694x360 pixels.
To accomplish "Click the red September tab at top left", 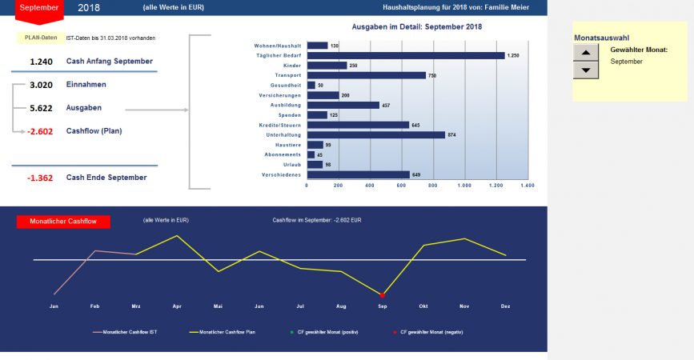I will (38, 8).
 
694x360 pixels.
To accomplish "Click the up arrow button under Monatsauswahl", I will (587, 52).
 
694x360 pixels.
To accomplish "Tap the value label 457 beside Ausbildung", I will (387, 105).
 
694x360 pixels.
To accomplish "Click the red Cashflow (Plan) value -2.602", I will (41, 131).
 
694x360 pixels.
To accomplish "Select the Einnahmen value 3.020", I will (41, 84).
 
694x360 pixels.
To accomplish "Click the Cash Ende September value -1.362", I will (40, 178).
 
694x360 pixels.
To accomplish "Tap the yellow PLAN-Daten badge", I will (40, 38).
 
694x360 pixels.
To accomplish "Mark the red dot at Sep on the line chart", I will (383, 295).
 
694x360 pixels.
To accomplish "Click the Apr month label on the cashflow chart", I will (176, 306).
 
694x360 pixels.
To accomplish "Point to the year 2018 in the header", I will (89, 7).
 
